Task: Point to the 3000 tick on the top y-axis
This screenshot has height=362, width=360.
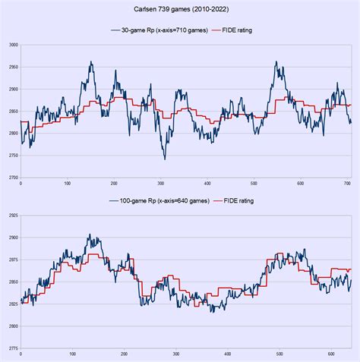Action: click(13, 46)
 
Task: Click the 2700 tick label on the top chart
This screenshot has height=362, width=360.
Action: click(13, 178)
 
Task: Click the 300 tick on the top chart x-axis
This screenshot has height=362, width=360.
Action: click(161, 183)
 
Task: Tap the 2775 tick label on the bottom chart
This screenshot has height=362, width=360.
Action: click(13, 348)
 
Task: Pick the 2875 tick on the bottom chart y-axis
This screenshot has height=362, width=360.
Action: click(13, 260)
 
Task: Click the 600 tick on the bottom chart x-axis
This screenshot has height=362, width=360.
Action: click(331, 354)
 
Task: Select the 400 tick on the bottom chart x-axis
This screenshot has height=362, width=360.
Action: click(228, 354)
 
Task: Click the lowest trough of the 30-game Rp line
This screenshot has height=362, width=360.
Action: click(164, 159)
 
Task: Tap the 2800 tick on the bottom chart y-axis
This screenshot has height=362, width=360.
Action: click(13, 326)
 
